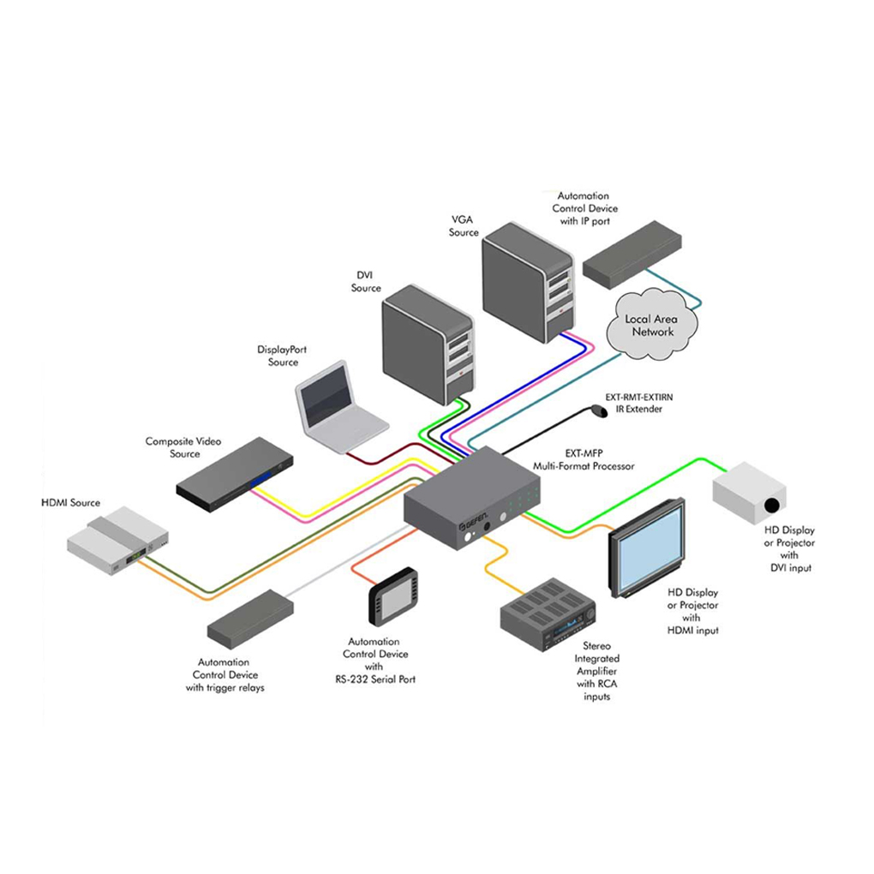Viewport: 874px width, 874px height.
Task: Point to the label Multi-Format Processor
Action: coord(586,466)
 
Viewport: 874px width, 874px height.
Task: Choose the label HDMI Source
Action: coord(71,502)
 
